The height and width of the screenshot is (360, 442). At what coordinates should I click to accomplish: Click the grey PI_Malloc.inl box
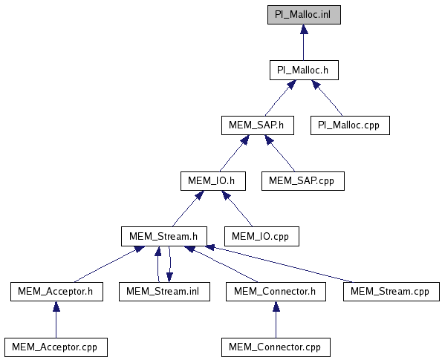tap(304, 15)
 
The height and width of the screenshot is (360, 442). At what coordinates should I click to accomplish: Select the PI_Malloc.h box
tap(304, 70)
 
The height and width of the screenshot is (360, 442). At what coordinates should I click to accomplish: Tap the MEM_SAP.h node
tap(258, 125)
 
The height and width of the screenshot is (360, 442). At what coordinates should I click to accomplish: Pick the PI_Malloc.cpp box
tap(350, 125)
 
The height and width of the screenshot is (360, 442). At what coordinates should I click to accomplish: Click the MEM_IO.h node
tap(213, 181)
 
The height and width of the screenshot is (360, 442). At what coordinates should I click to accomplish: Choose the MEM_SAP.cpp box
tap(303, 181)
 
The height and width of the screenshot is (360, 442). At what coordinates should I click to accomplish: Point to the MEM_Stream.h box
tap(164, 236)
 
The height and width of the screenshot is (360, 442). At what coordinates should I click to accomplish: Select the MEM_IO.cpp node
tap(261, 236)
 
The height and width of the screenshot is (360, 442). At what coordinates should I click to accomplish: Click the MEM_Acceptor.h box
tap(56, 292)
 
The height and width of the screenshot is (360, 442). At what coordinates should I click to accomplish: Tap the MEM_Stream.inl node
tap(164, 292)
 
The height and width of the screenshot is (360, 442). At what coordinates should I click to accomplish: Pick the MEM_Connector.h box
tap(276, 292)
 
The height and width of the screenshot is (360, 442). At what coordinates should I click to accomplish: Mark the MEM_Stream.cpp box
tap(391, 292)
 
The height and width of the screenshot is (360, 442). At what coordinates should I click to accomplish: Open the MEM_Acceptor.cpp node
tap(56, 347)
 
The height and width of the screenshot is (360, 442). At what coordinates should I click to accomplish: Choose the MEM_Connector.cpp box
tap(276, 347)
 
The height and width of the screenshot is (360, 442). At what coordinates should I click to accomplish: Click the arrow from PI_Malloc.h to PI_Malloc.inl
tap(304, 42)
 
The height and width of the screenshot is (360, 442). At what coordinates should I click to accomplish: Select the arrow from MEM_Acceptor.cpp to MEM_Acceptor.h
tap(56, 320)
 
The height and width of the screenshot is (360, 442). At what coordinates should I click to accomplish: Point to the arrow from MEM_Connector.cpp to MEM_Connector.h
tap(276, 320)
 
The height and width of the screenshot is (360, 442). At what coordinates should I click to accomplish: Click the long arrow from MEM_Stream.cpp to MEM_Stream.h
tap(279, 264)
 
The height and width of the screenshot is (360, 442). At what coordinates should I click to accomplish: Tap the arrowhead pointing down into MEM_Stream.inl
tap(169, 277)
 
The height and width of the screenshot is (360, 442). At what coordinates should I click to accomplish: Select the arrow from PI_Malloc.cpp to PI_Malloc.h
tap(327, 98)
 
